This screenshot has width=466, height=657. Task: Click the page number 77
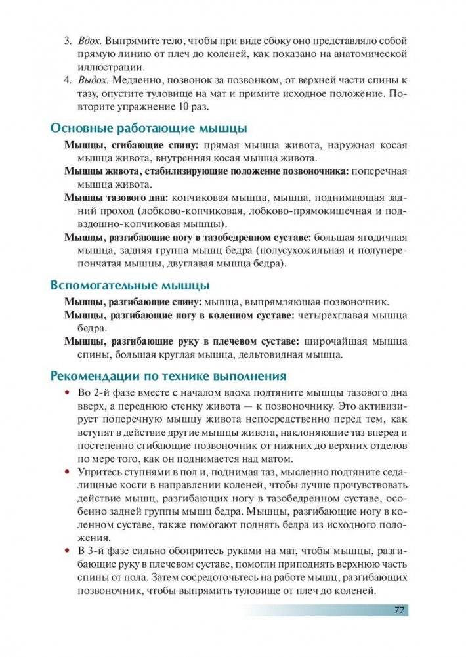(x=398, y=610)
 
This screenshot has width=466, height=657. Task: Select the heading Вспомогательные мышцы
(x=130, y=286)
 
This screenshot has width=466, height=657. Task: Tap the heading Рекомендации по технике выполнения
(x=168, y=376)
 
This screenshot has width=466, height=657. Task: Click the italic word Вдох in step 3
(x=89, y=41)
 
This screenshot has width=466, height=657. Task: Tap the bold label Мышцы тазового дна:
(x=116, y=196)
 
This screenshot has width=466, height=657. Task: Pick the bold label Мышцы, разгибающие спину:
(x=133, y=303)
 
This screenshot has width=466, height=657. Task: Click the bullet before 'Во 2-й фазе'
(x=66, y=393)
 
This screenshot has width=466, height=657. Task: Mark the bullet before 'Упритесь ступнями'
(x=66, y=472)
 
